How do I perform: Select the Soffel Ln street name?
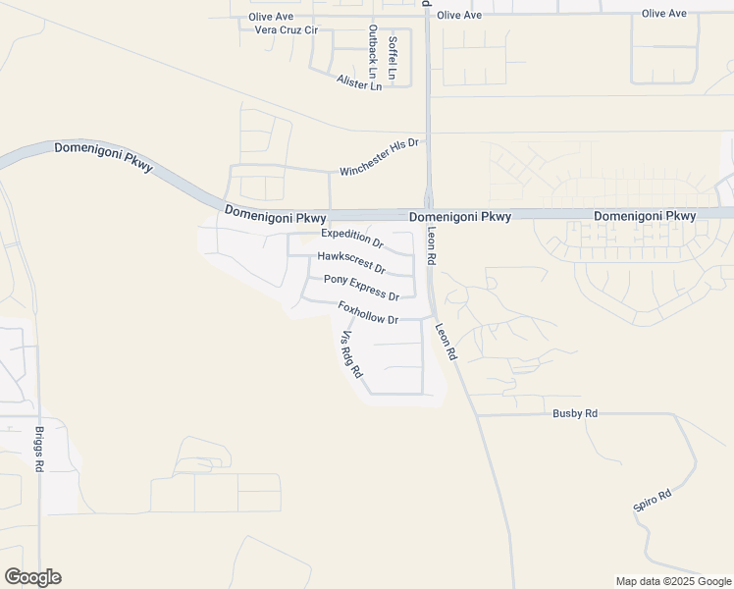click(x=393, y=58)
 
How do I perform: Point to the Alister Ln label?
click(x=358, y=83)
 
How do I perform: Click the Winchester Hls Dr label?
click(x=380, y=157)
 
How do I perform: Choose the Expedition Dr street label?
click(x=352, y=238)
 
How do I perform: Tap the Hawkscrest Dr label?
click(x=351, y=262)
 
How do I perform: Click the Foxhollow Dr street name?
click(x=368, y=313)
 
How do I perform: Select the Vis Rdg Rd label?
click(x=351, y=355)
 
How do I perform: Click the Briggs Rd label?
click(x=39, y=451)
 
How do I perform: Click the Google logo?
click(x=32, y=577)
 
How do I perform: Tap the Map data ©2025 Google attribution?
click(x=672, y=581)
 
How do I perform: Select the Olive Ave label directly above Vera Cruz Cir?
click(x=271, y=17)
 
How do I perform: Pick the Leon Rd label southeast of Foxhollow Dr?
click(x=446, y=343)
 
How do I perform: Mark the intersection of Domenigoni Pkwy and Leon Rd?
click(x=429, y=214)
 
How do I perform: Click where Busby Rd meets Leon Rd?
click(x=477, y=414)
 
